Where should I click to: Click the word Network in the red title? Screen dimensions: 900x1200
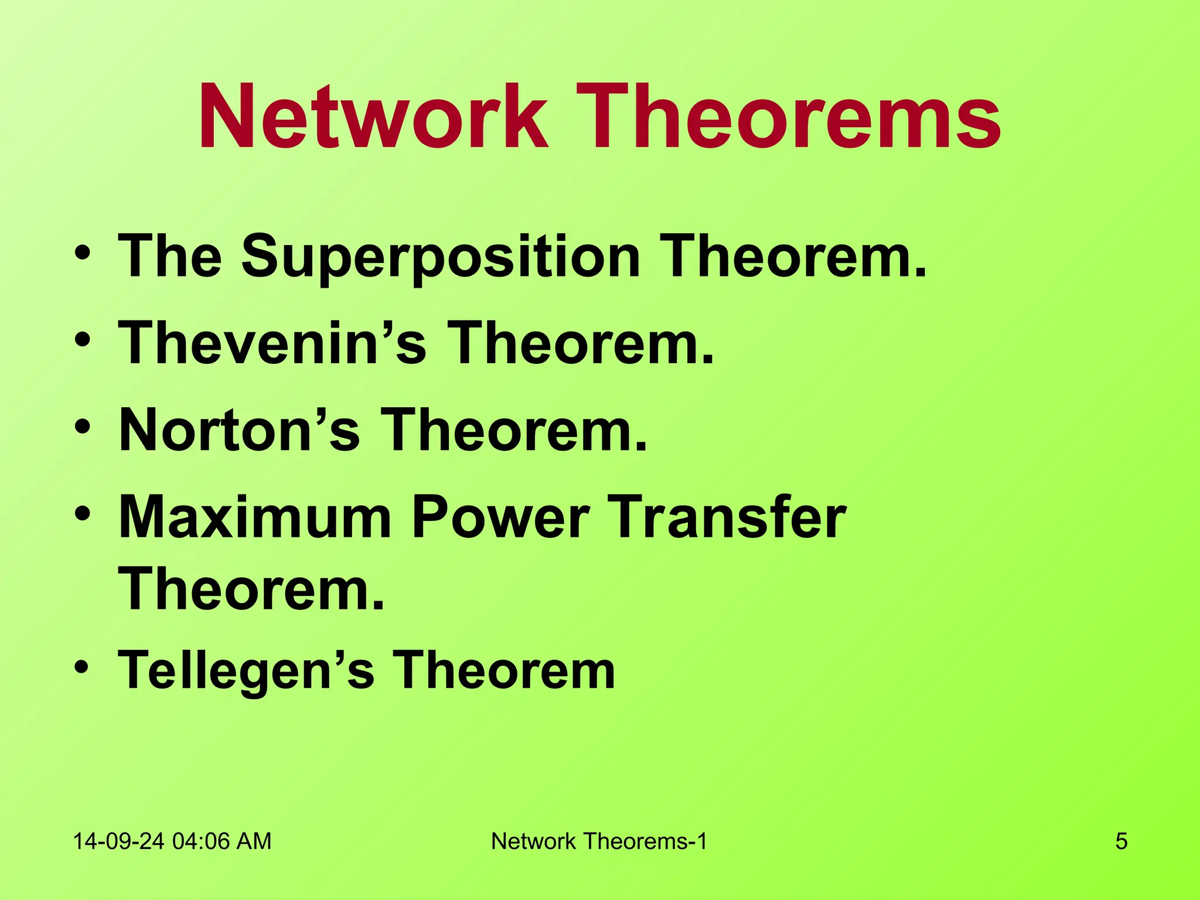[373, 117]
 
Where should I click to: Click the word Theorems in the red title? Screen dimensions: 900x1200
[787, 117]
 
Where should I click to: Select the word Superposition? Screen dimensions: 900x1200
[441, 257]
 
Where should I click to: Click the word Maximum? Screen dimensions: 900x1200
[255, 517]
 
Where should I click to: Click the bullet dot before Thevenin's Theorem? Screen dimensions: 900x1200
[83, 339]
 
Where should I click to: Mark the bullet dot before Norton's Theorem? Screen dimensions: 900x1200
[83, 426]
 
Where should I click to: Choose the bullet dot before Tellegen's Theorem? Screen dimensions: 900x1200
[83, 666]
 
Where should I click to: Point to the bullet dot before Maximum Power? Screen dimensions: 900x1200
[83, 513]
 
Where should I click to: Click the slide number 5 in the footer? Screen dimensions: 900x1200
[1121, 841]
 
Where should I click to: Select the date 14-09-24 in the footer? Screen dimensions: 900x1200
[119, 841]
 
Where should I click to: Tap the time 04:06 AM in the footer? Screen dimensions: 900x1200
[222, 841]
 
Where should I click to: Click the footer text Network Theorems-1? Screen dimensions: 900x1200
[599, 841]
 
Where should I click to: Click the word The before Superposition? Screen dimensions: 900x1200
[170, 257]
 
